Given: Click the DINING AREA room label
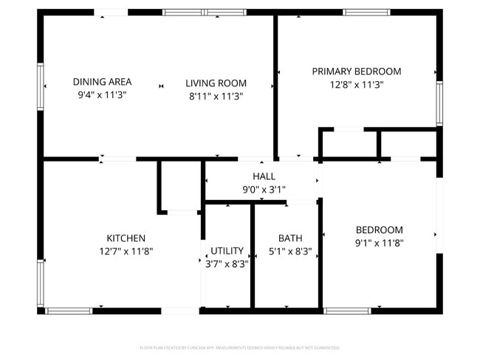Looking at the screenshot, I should click(x=102, y=82).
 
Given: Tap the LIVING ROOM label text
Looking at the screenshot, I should click(x=216, y=83).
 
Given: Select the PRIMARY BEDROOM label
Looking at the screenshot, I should click(x=356, y=72).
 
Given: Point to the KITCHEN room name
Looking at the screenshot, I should click(x=126, y=238).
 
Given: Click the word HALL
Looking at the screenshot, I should click(x=264, y=176).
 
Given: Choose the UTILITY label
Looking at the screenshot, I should click(x=227, y=251).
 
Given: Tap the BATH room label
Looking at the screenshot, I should click(x=289, y=238).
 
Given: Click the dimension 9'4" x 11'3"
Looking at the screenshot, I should click(x=102, y=95).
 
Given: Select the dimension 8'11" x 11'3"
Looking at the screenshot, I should click(x=216, y=96).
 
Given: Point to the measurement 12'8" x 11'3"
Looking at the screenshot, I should click(x=356, y=84).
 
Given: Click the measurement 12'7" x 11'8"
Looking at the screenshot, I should click(x=126, y=251).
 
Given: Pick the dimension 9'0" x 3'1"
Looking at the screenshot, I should click(x=264, y=189).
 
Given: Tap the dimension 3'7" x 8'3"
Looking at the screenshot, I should click(x=227, y=263).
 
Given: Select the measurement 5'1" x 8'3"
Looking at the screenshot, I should click(x=289, y=251).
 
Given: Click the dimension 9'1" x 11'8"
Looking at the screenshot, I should click(x=379, y=242).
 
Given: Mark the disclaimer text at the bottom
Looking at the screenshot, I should click(x=240, y=347).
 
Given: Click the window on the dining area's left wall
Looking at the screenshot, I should click(x=41, y=86).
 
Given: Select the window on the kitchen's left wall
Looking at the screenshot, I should click(x=41, y=282).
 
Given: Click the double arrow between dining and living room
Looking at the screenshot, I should click(x=161, y=86).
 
